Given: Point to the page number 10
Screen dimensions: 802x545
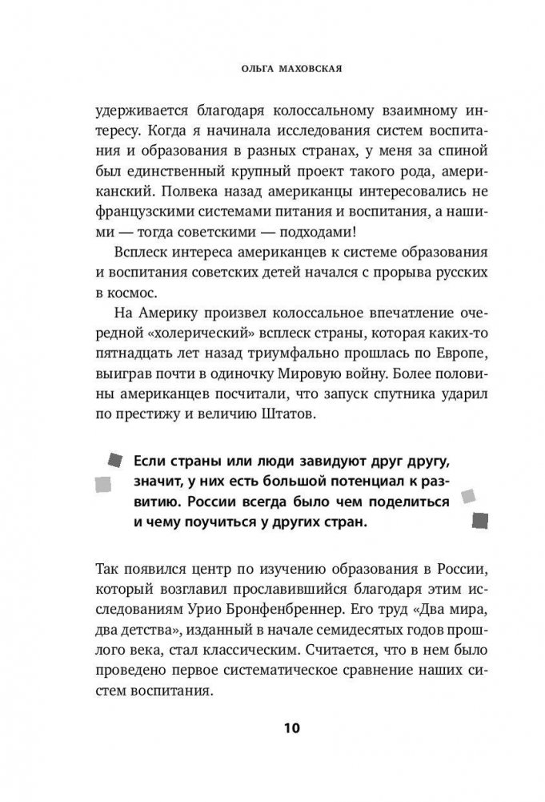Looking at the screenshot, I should [272, 728].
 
